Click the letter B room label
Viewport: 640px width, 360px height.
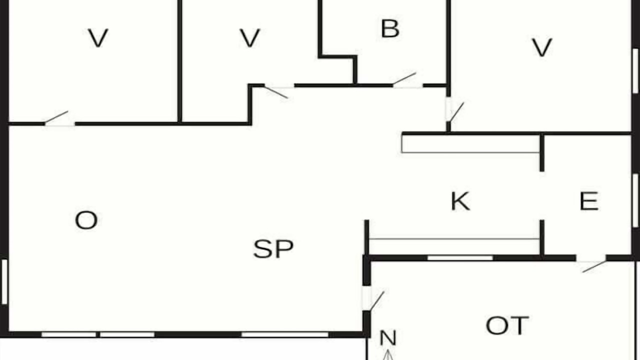(390, 28)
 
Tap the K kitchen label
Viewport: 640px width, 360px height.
(460, 201)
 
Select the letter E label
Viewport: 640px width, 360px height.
(589, 201)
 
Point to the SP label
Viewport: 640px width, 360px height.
(273, 249)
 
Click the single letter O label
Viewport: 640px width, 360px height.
(86, 220)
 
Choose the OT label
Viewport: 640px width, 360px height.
(507, 325)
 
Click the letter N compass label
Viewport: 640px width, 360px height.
(387, 337)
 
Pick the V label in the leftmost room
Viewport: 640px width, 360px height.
(98, 37)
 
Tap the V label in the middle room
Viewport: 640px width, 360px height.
(249, 37)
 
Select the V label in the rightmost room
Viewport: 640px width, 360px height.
(541, 47)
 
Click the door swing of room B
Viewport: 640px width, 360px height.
(404, 78)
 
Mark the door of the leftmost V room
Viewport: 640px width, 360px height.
(56, 117)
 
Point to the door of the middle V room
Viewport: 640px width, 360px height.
(276, 92)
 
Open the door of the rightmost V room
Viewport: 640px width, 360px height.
(457, 111)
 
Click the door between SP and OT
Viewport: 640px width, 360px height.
(377, 301)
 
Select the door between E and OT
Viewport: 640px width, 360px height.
(594, 266)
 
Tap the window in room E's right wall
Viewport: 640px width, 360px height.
(635, 200)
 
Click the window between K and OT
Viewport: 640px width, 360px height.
(460, 258)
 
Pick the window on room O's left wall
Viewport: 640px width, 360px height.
(4, 281)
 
